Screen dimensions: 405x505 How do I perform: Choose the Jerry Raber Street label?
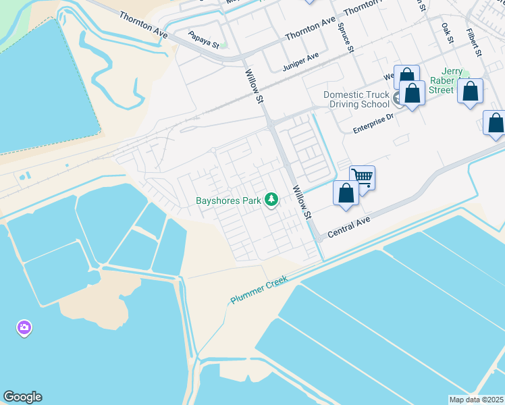coord(442,81)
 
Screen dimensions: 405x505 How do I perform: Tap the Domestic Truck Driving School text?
coord(356,99)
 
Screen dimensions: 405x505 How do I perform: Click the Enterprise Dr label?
coord(373,124)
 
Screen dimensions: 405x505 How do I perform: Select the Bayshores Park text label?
coord(228,200)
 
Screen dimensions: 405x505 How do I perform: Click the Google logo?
coord(22,397)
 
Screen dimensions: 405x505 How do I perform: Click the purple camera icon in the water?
coord(24,329)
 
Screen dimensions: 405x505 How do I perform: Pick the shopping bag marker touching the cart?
coord(346,193)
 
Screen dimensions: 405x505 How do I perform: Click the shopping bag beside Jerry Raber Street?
coord(471,91)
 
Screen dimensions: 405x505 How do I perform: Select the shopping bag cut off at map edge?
coord(496,124)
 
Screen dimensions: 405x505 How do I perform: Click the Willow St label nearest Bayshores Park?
coord(300,203)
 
